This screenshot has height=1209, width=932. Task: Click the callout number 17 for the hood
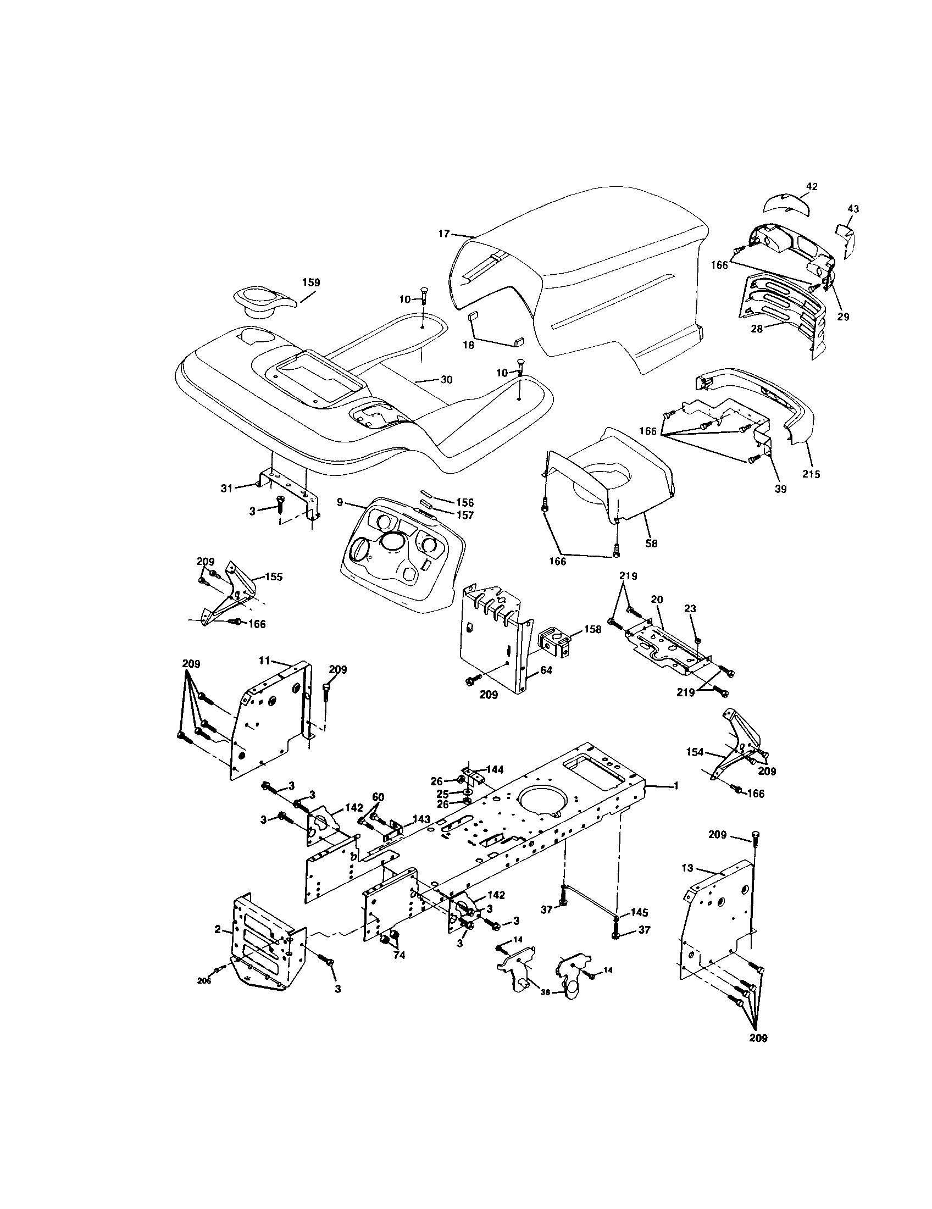[444, 234]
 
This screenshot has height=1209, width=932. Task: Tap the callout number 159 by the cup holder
[310, 282]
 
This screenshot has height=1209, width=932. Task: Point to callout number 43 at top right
[853, 209]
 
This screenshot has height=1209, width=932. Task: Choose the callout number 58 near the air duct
[651, 544]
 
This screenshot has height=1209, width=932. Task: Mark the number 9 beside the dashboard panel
[340, 502]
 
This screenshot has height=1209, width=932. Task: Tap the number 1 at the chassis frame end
[676, 785]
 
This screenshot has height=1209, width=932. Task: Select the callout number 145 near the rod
[639, 912]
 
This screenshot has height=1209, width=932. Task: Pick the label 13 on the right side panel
[687, 868]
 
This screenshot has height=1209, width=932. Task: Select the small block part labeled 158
[554, 642]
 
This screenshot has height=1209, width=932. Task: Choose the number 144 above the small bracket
[495, 769]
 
